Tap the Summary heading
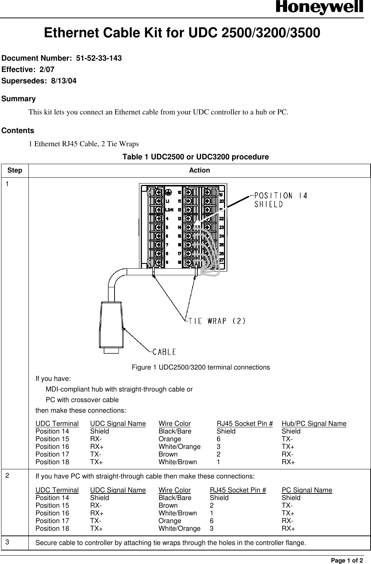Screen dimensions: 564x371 (19, 99)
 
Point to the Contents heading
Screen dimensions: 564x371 (18, 130)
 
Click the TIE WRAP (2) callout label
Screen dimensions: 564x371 (217, 321)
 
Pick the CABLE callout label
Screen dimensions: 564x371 (164, 352)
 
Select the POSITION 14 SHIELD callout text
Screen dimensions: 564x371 (280, 200)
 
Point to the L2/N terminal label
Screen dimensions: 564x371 (169, 210)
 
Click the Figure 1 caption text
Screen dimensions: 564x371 (201, 367)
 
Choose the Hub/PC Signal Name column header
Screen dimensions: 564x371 (314, 424)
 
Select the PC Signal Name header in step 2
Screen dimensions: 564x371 (306, 490)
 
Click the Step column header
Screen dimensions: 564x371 (15, 170)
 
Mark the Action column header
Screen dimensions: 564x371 (200, 170)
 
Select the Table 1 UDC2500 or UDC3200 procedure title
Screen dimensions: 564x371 (196, 157)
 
